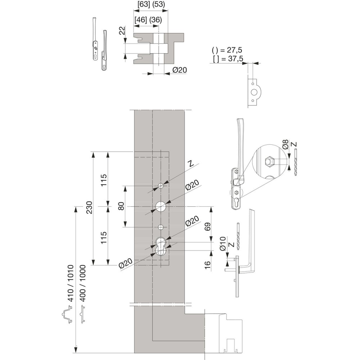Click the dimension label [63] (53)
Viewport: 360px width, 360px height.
tap(151, 4)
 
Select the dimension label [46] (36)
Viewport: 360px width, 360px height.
tap(148, 20)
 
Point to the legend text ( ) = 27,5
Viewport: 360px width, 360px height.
tap(227, 50)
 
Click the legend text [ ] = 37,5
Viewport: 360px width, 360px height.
tap(228, 59)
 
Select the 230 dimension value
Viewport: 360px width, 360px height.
tap(89, 207)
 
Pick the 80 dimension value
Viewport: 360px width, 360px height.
tap(121, 206)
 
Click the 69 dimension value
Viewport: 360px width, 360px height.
tap(207, 227)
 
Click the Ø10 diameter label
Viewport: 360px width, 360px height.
tap(223, 244)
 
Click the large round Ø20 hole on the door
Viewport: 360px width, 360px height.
tap(161, 206)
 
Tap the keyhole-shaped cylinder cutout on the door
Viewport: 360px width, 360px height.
tap(161, 247)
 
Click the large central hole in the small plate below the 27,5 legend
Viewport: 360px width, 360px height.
tap(254, 92)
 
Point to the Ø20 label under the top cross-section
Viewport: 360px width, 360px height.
tap(179, 70)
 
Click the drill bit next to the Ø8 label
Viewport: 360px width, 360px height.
tap(295, 162)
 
